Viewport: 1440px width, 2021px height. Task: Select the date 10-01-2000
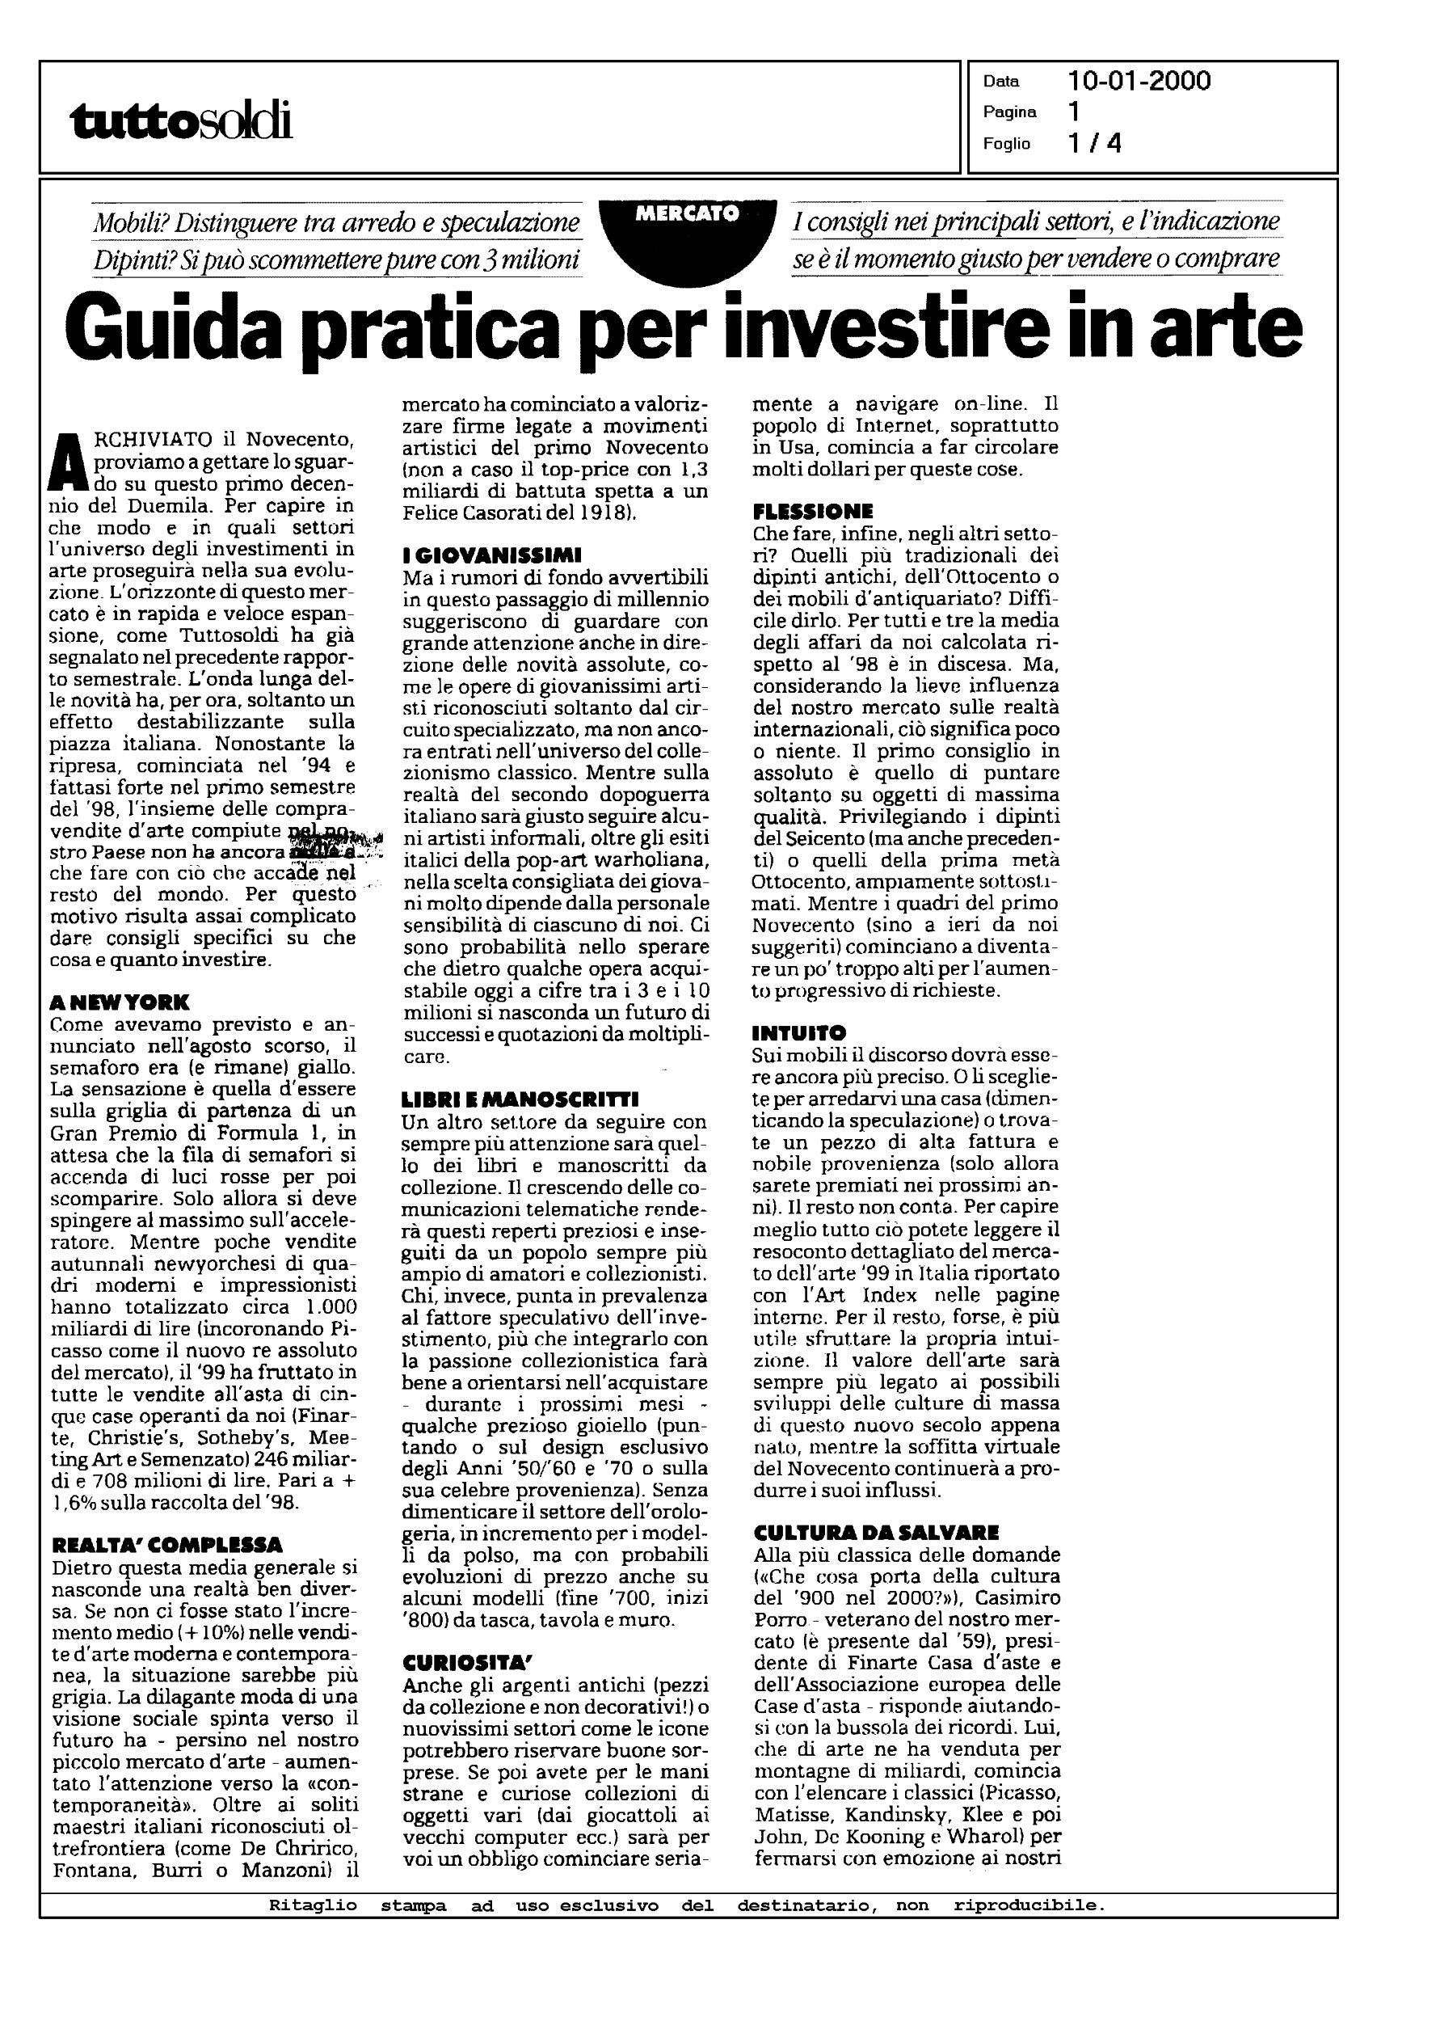tap(1139, 82)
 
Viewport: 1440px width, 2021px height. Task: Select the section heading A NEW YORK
tap(119, 1003)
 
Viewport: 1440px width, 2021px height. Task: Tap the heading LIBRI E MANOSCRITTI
tap(520, 1100)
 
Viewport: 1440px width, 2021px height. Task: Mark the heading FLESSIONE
tap(812, 512)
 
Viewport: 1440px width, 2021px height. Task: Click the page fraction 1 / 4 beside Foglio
tap(1095, 143)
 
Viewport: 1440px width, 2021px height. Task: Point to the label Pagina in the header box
tap(1009, 112)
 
